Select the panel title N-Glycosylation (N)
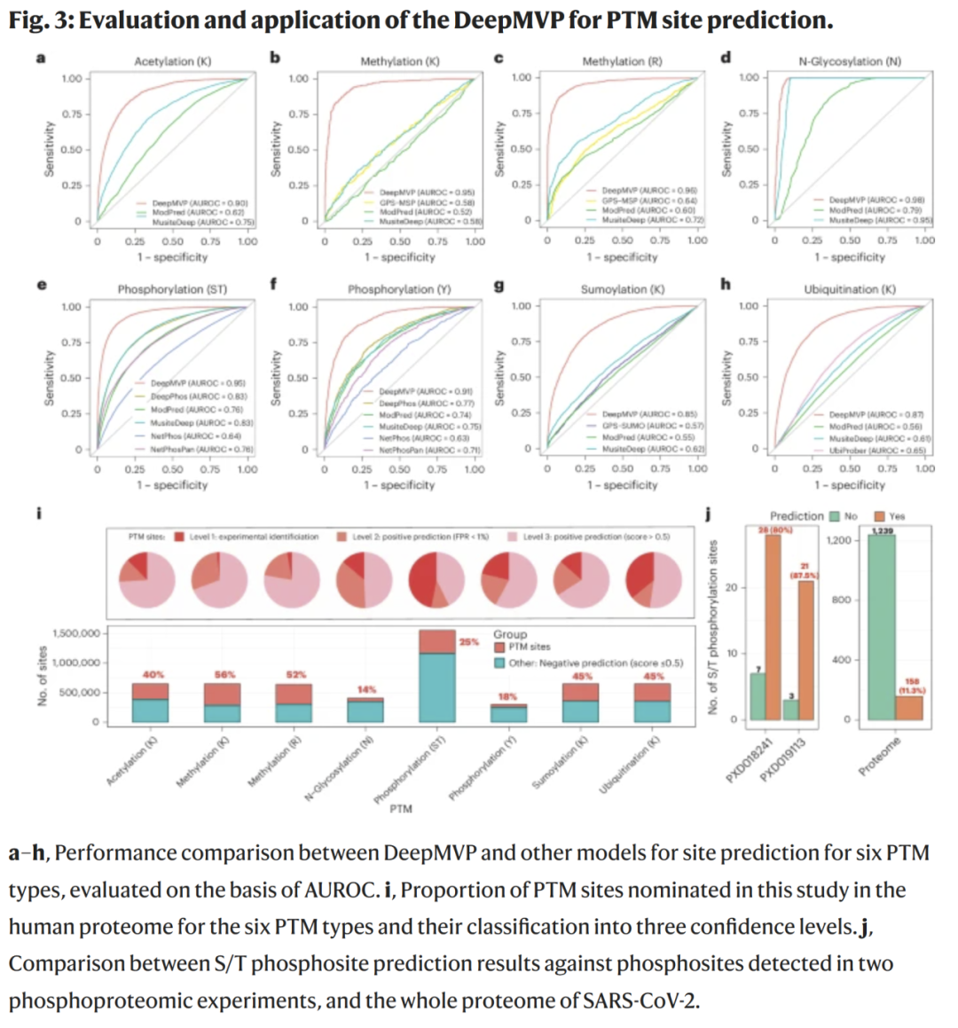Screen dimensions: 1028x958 (849, 61)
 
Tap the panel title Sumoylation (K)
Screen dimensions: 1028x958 (622, 289)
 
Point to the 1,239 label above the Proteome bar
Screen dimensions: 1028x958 (882, 530)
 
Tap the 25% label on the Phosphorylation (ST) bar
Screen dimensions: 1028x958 (468, 641)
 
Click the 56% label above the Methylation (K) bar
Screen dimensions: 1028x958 (224, 675)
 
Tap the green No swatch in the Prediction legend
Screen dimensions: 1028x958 (834, 516)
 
